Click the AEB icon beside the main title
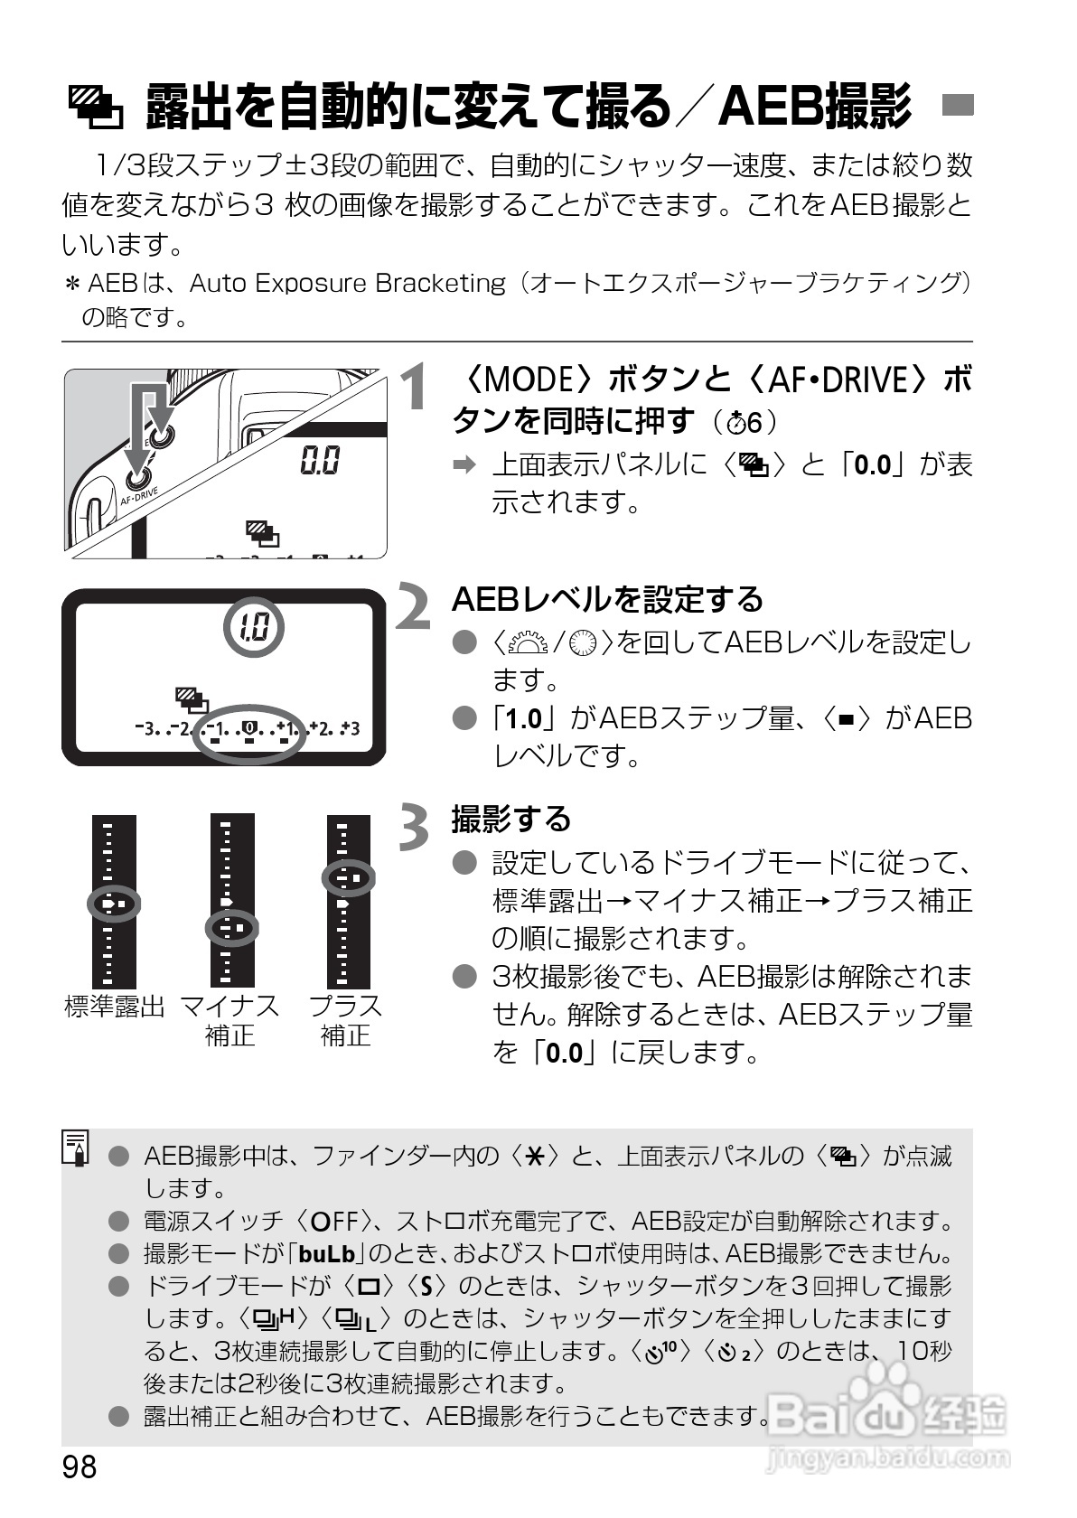click(x=97, y=107)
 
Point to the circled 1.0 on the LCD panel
click(x=253, y=627)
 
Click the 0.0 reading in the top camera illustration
click(x=321, y=462)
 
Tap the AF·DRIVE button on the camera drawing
click(x=139, y=479)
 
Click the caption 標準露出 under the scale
click(x=114, y=1007)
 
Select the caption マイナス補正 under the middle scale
click(x=230, y=1020)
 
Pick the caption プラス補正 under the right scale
click(x=346, y=1020)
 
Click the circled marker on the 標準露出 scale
click(x=114, y=903)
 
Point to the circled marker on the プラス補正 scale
click(x=348, y=877)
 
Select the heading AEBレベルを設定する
click(x=607, y=599)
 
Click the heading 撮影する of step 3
click(x=511, y=819)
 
